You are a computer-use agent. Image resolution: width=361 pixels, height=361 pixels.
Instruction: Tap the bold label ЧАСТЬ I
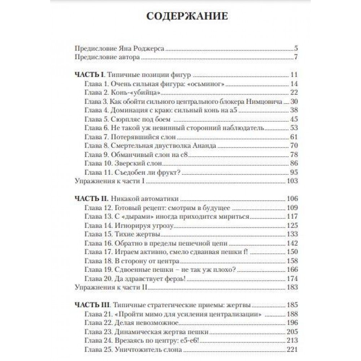click(x=89, y=75)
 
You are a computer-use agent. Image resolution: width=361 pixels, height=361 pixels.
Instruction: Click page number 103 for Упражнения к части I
click(x=291, y=181)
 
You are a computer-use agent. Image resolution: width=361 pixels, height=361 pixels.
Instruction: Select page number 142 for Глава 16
click(x=291, y=243)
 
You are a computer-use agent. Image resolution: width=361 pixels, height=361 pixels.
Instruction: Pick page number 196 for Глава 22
click(x=291, y=322)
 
